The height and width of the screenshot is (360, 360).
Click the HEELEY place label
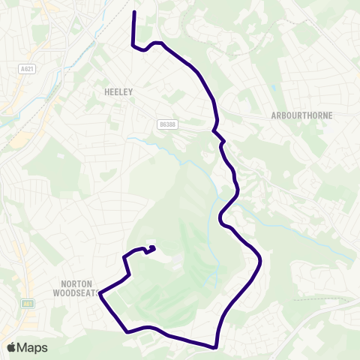pyautogui.click(x=118, y=91)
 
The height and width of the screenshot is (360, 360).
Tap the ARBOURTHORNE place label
pyautogui.click(x=301, y=115)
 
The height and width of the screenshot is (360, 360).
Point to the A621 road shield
pyautogui.click(x=28, y=67)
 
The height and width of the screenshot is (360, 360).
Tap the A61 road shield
pyautogui.click(x=28, y=304)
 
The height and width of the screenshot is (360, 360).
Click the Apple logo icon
pyautogui.click(x=12, y=347)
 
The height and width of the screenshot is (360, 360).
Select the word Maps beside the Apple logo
pyautogui.click(x=33, y=347)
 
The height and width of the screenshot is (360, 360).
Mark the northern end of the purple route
pyautogui.click(x=133, y=13)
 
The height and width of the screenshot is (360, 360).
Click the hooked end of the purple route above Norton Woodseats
pyautogui.click(x=153, y=247)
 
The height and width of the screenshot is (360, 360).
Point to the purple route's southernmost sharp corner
pyautogui.click(x=215, y=347)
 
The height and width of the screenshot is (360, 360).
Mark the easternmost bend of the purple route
pyautogui.click(x=260, y=261)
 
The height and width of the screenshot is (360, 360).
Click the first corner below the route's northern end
pyautogui.click(x=133, y=45)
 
